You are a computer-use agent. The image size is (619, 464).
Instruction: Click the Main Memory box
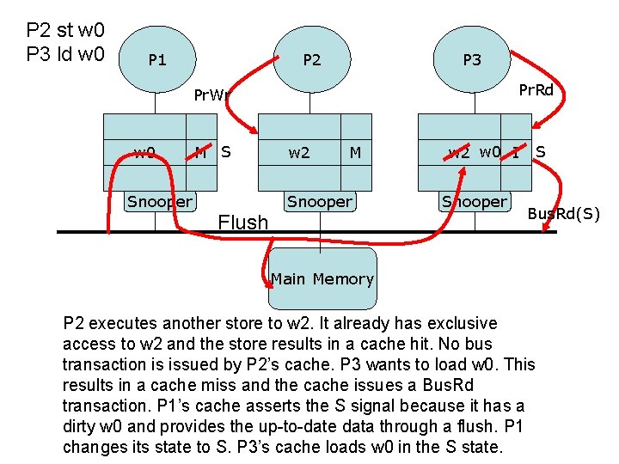[x=322, y=278]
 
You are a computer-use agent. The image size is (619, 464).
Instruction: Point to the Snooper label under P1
[x=160, y=202]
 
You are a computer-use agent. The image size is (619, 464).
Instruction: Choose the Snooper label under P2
[x=320, y=202]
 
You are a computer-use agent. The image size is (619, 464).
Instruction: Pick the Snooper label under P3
[x=475, y=202]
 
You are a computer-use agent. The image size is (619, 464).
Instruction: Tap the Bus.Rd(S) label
[x=563, y=213]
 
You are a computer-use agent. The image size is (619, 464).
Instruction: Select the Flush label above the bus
[x=243, y=223]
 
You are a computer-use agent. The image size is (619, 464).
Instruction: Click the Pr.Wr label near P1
[x=211, y=95]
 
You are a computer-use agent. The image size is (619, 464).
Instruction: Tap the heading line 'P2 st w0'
[x=65, y=31]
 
